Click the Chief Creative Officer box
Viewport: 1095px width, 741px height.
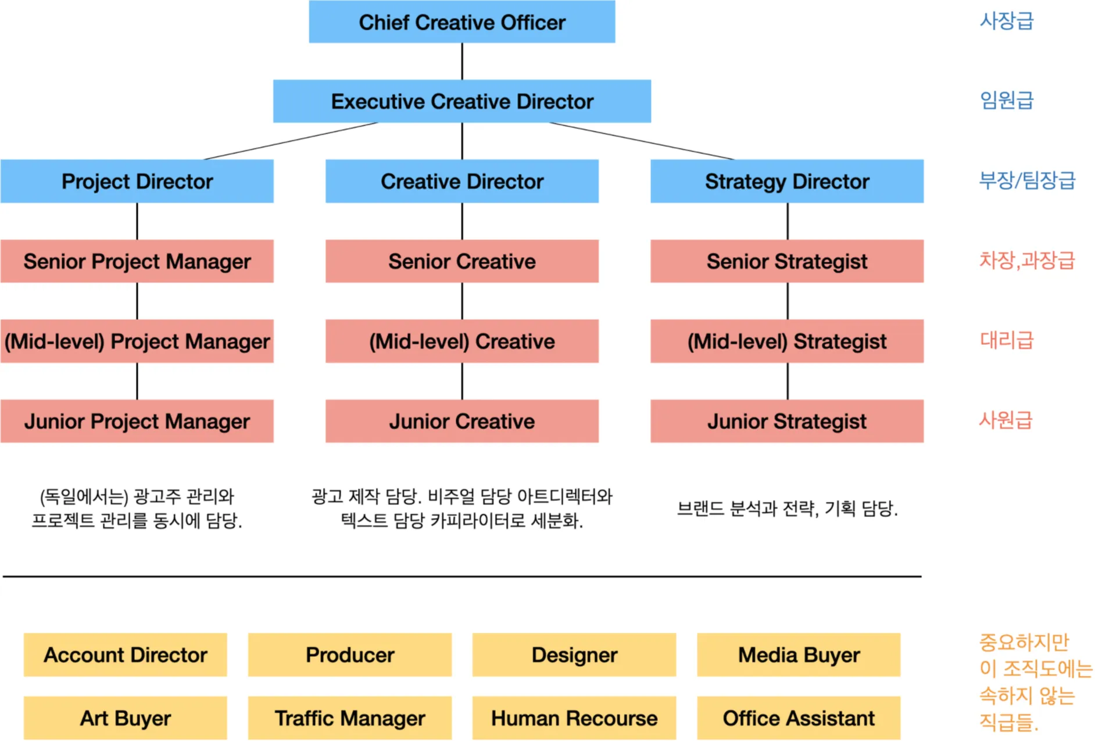tap(461, 22)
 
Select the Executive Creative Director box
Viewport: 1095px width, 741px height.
tap(461, 101)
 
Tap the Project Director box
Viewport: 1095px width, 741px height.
tap(137, 181)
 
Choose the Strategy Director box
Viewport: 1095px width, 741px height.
tap(786, 181)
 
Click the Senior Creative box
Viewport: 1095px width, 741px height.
tap(461, 261)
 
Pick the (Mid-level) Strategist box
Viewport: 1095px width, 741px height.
tap(786, 341)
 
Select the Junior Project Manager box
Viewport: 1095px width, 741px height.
tap(137, 421)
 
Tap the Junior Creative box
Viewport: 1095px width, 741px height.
tap(461, 421)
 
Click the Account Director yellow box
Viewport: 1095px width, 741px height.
tap(126, 655)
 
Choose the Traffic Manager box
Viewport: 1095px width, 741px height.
tap(350, 718)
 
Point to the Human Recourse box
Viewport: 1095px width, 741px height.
tap(574, 718)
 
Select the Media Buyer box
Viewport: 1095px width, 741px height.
tap(799, 655)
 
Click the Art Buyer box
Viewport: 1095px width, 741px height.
tap(126, 718)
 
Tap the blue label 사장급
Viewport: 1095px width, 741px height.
tap(1007, 21)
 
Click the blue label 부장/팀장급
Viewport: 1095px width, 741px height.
tap(1027, 180)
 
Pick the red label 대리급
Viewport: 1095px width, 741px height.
tap(1007, 340)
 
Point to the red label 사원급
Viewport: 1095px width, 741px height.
tap(1005, 419)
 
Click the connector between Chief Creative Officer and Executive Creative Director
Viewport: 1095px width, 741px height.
tap(462, 61)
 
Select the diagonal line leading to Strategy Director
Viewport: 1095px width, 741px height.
tap(642, 141)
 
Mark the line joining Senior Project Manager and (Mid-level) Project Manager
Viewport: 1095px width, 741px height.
tap(137, 301)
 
